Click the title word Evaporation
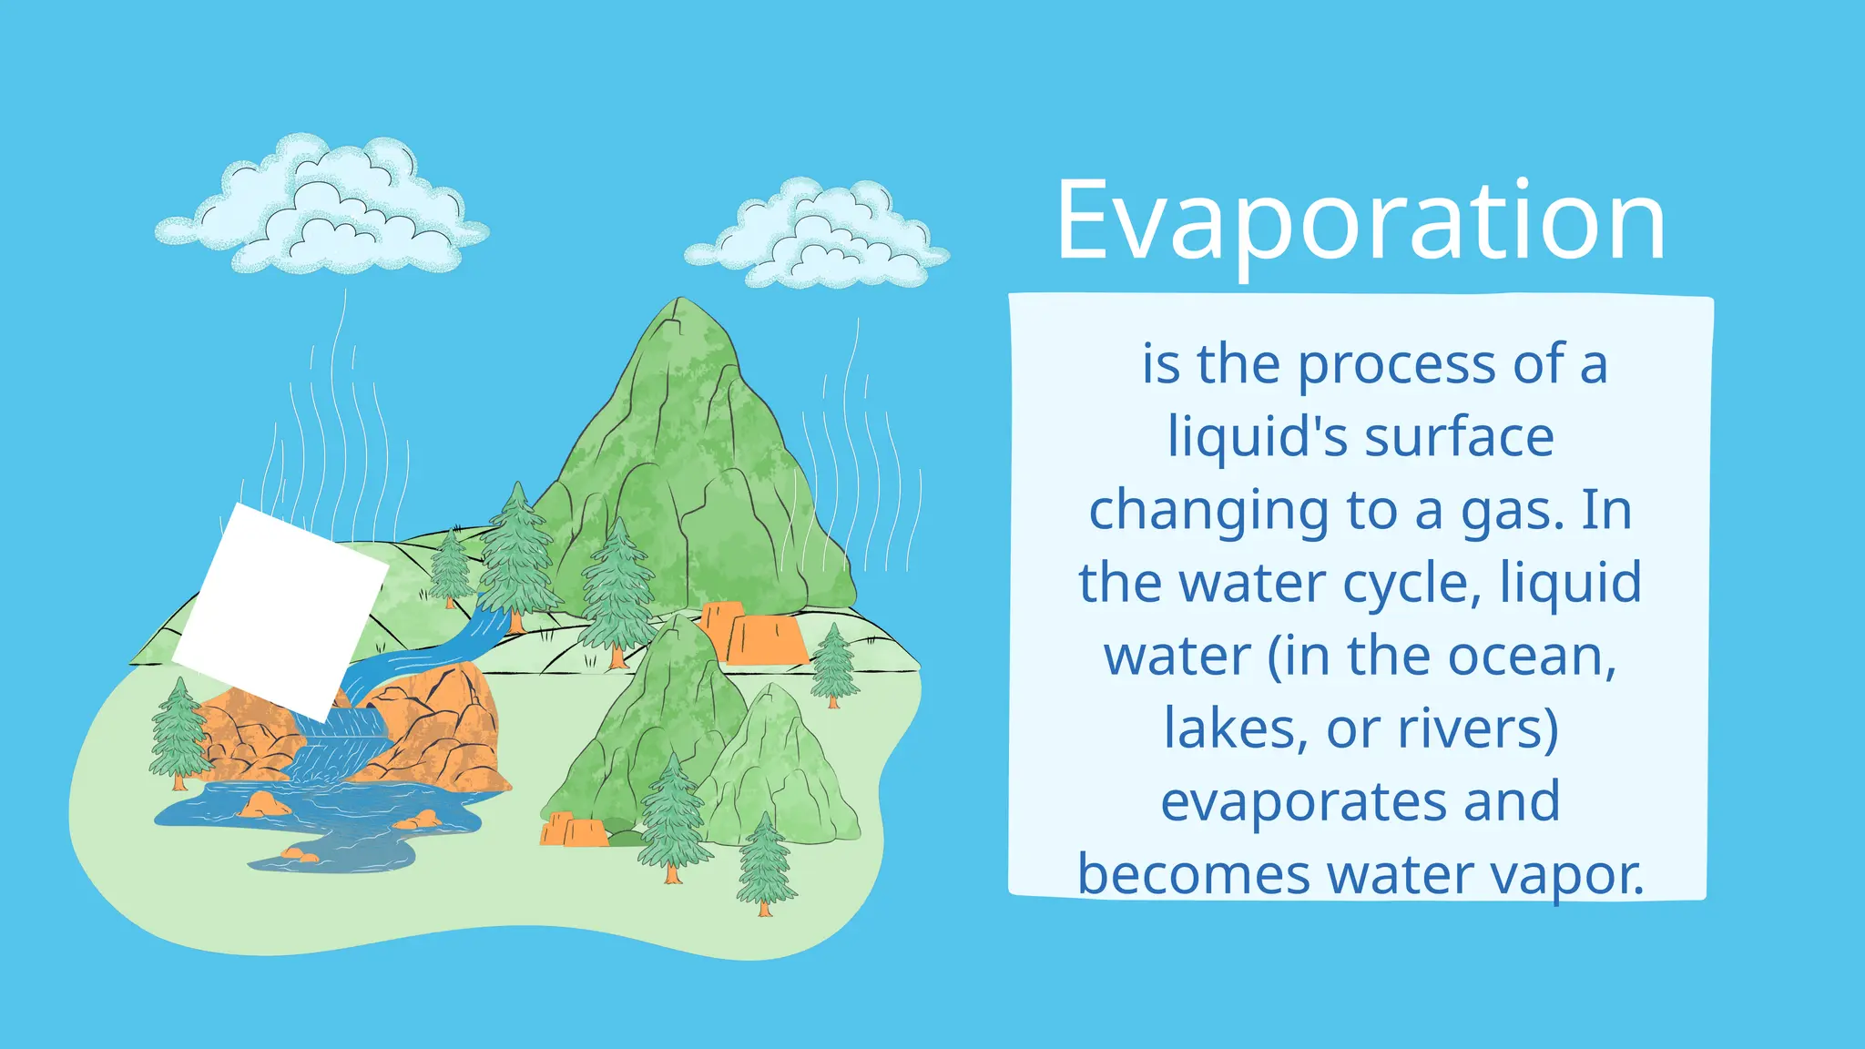click(1361, 221)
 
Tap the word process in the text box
click(1397, 364)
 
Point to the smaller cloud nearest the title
click(818, 237)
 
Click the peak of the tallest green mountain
click(680, 305)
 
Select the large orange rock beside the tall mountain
click(756, 634)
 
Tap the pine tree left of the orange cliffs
click(178, 733)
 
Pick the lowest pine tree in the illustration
click(765, 865)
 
